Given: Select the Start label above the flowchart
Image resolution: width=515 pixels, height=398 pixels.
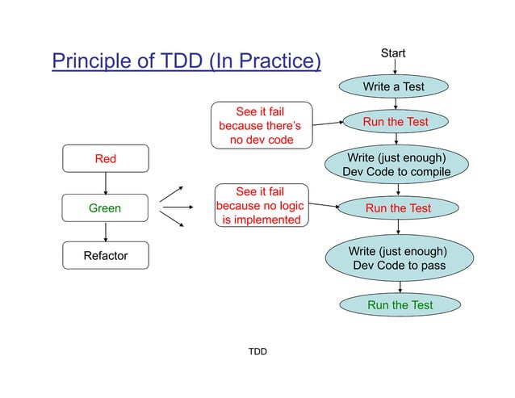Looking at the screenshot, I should [x=393, y=53].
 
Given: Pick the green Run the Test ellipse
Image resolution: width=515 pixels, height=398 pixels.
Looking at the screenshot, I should [x=400, y=305].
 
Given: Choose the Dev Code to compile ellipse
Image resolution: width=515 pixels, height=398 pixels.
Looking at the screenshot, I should [x=396, y=165].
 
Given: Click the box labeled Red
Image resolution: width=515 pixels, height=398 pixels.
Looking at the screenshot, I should [x=106, y=159].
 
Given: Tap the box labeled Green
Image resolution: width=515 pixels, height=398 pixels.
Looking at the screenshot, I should [x=105, y=208].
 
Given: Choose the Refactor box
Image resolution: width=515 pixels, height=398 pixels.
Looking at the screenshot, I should [x=106, y=257].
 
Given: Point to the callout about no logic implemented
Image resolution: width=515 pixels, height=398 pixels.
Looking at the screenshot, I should [x=261, y=206].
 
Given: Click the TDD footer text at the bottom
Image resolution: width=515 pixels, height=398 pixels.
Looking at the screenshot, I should [x=257, y=352].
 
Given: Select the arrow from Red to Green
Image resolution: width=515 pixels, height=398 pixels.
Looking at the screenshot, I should [x=106, y=183].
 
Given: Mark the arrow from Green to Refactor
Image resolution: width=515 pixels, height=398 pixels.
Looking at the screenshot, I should [x=106, y=233].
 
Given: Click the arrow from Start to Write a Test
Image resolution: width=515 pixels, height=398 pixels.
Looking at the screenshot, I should [x=394, y=68].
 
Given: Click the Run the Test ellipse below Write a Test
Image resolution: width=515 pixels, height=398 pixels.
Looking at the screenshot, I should [x=395, y=122].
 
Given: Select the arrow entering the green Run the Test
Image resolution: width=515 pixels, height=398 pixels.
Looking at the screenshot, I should [x=400, y=286].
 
